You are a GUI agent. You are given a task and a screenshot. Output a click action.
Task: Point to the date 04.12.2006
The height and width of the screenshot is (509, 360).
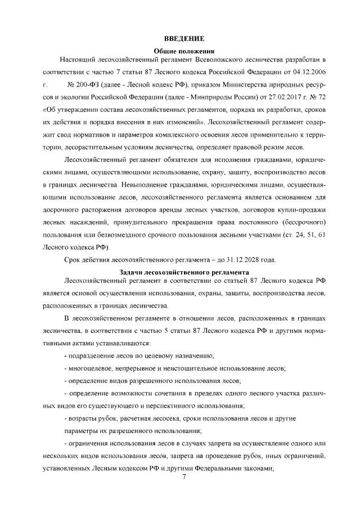[309, 73]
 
